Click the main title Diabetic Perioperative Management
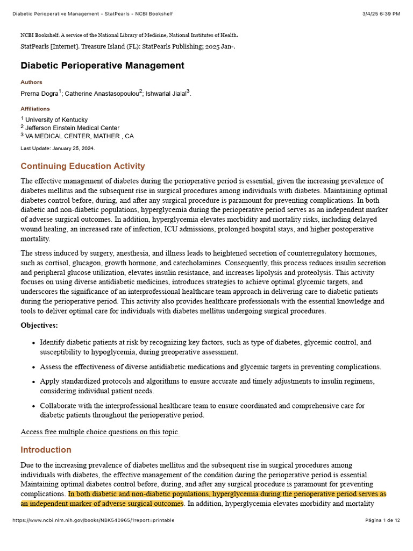click(102, 66)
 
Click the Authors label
click(31, 82)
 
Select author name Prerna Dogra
click(39, 94)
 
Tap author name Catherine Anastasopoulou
click(102, 94)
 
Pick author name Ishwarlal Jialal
click(166, 94)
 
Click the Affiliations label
click(35, 109)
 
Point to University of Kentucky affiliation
click(56, 119)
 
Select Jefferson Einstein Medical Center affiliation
click(72, 128)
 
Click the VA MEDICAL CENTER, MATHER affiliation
click(79, 136)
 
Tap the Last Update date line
click(58, 148)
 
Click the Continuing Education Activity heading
click(83, 166)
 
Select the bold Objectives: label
click(39, 325)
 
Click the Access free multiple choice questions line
click(100, 432)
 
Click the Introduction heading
click(46, 450)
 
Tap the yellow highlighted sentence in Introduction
click(226, 494)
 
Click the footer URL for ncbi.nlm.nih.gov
click(93, 520)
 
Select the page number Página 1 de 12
click(382, 520)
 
